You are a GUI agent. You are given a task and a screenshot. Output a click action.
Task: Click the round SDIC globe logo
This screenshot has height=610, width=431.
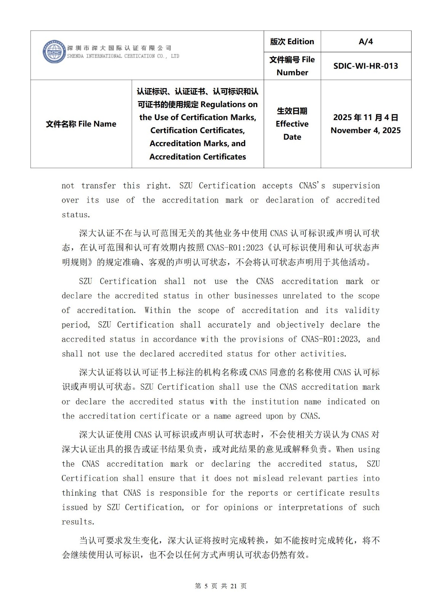(x=54, y=51)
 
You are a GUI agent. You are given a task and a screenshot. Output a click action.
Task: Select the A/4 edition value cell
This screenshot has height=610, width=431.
(x=365, y=42)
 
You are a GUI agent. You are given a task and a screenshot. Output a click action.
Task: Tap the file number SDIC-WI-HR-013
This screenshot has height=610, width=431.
(x=365, y=66)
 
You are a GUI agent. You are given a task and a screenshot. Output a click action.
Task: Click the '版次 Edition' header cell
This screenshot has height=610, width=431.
(x=292, y=42)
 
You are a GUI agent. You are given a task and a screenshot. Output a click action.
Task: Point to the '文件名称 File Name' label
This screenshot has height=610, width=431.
(x=81, y=124)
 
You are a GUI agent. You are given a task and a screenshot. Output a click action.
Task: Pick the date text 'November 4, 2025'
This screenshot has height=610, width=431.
(x=365, y=130)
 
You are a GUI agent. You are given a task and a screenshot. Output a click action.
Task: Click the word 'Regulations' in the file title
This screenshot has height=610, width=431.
(x=229, y=104)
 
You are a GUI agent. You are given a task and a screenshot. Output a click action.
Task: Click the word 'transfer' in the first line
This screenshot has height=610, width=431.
(x=98, y=186)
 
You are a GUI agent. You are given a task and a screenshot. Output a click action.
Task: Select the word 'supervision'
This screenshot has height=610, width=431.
(x=356, y=186)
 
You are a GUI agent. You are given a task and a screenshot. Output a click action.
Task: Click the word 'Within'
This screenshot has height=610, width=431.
(x=157, y=310)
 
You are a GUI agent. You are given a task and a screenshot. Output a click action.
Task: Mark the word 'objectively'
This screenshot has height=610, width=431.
(x=300, y=325)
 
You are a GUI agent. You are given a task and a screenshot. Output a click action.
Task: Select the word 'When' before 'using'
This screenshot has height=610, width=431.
(x=345, y=449)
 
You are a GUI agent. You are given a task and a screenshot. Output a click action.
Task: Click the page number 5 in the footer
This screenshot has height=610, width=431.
(x=206, y=586)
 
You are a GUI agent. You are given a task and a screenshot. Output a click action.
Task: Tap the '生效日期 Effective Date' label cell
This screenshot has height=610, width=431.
(x=292, y=124)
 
